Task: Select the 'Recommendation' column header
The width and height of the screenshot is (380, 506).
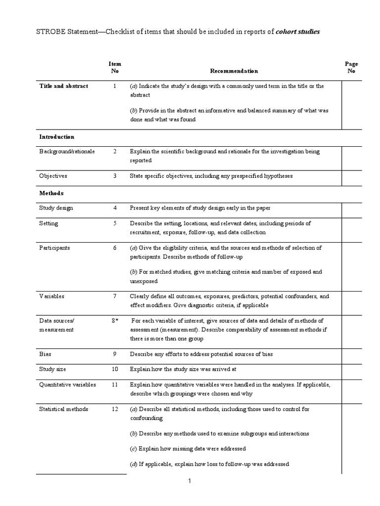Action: [234, 71]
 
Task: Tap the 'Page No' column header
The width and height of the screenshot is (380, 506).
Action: [351, 68]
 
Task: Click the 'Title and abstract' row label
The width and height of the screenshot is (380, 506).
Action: [64, 86]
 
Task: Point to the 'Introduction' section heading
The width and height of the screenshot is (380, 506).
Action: [57, 137]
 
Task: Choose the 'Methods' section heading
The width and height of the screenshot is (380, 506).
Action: [51, 193]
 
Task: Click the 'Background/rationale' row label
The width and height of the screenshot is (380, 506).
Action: [67, 151]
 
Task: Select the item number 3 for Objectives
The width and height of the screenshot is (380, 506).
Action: [115, 175]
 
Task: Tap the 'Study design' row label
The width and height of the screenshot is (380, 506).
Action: [56, 208]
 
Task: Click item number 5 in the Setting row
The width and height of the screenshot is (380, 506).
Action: [115, 223]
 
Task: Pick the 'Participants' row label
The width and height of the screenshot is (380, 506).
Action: [54, 248]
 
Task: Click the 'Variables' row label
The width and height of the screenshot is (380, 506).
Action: [52, 296]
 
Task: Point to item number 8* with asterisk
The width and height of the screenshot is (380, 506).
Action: [115, 321]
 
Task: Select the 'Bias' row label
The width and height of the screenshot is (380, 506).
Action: [45, 354]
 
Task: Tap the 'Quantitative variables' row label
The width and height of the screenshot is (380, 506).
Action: [68, 384]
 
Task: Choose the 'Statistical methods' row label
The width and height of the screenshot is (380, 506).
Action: [64, 409]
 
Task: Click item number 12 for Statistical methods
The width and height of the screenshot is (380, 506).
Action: [115, 409]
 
